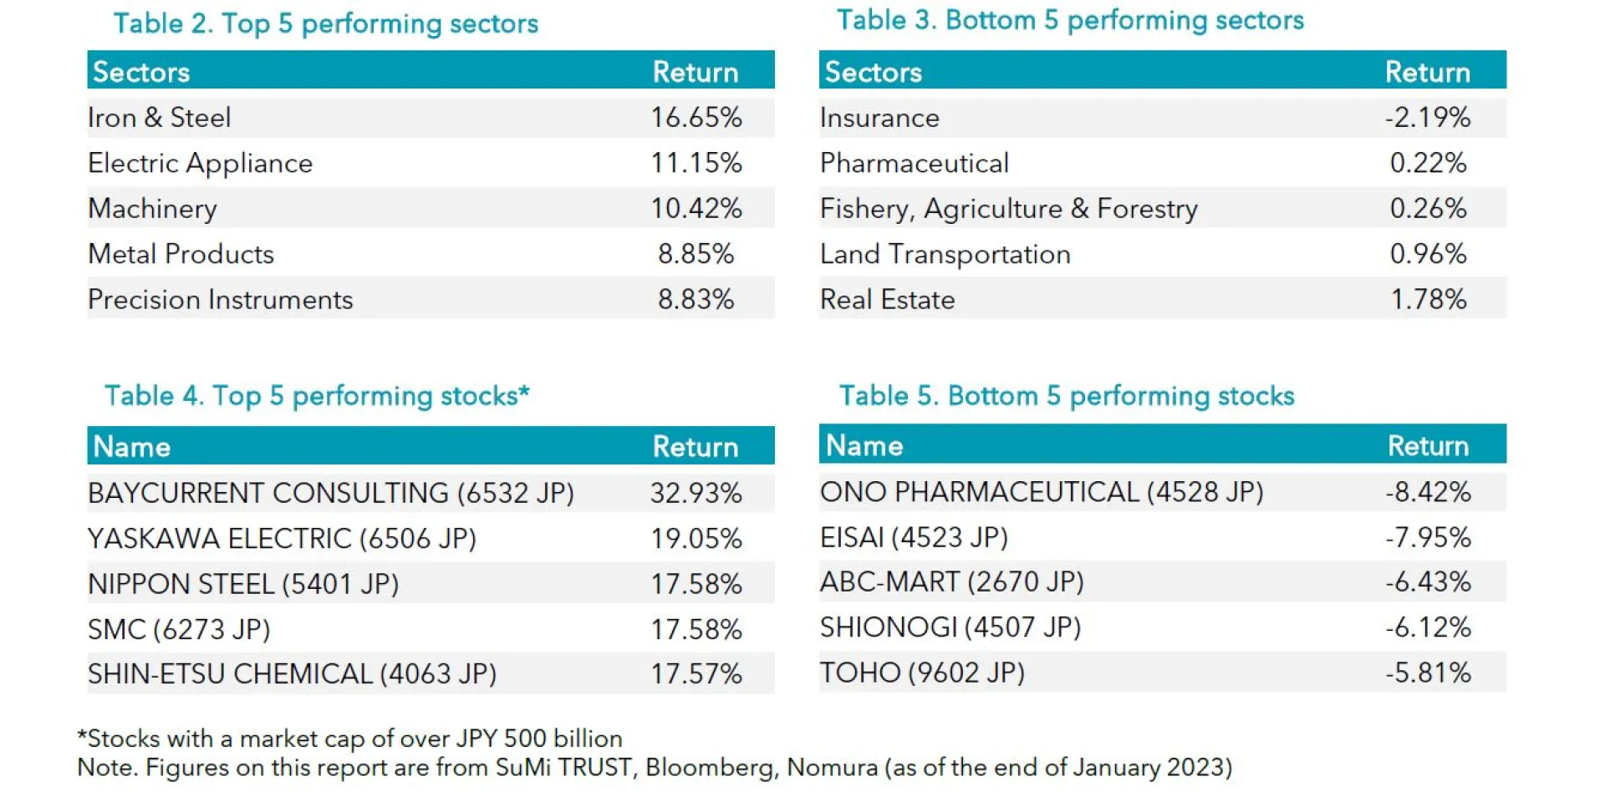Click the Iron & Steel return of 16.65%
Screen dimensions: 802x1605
695,118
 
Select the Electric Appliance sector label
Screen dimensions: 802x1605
200,164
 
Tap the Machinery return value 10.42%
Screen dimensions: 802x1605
695,209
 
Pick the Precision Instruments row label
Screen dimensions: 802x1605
220,300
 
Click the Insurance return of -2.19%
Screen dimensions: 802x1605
1427,118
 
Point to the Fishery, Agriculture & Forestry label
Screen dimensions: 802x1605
1008,209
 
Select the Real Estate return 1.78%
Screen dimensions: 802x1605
1428,300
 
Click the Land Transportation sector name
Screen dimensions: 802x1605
945,254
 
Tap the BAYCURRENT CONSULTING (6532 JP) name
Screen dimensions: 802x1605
330,494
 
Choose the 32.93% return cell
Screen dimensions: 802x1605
695,494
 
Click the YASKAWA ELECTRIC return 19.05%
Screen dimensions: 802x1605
695,539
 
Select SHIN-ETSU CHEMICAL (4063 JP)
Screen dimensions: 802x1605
292,674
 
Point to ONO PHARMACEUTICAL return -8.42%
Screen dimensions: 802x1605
1427,492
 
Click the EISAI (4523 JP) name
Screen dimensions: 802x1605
914,537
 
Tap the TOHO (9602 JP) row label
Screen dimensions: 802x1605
922,673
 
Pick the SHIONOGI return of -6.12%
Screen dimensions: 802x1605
1427,627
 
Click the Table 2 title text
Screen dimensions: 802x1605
325,23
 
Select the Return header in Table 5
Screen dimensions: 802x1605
1427,446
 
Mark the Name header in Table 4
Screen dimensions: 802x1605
131,447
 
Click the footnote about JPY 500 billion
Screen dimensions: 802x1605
349,739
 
